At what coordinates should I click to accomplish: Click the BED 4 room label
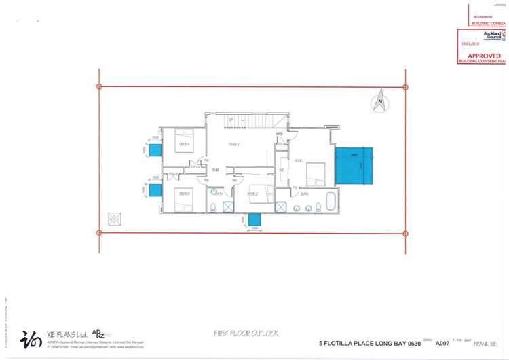(183, 144)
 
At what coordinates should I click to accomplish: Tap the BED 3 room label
(183, 194)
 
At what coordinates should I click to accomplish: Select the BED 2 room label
(252, 194)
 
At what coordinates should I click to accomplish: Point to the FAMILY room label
(235, 144)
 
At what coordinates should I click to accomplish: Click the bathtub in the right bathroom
(331, 202)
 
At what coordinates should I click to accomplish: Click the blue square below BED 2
(255, 219)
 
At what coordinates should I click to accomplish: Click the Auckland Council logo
(493, 35)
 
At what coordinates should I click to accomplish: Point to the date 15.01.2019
(470, 43)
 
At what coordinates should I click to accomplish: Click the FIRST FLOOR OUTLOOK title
(245, 334)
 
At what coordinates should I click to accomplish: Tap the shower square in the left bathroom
(228, 207)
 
